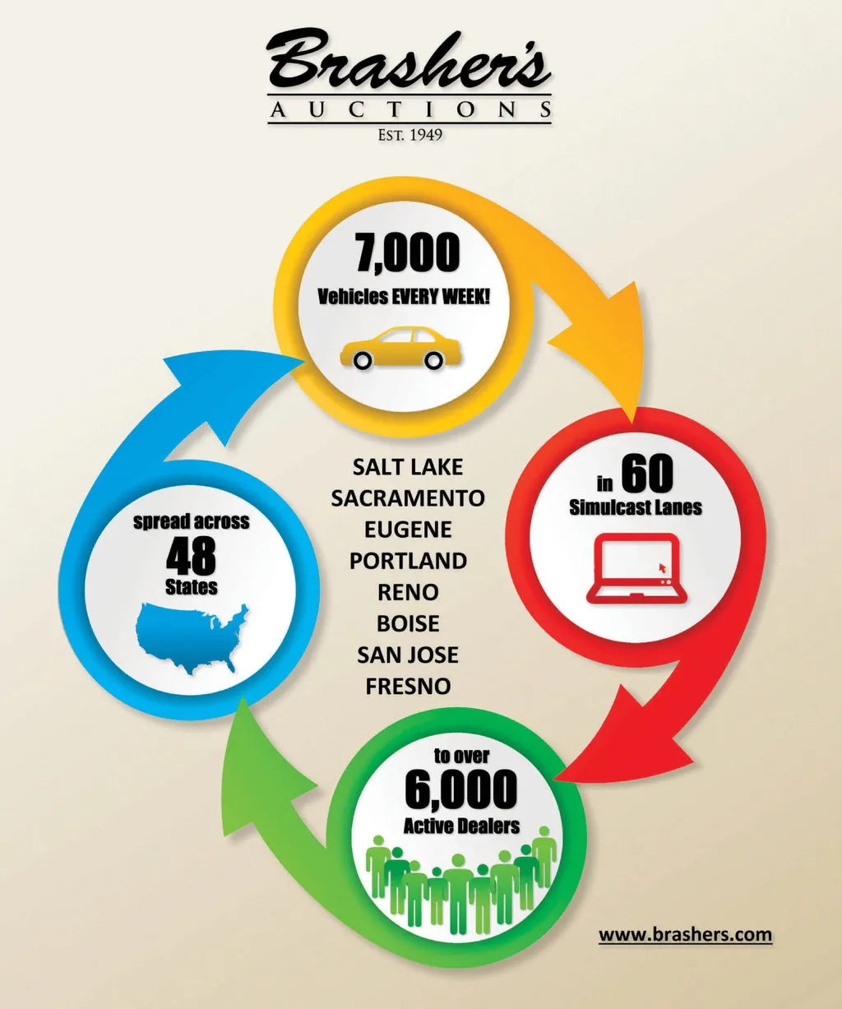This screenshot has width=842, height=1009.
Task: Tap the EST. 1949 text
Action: click(x=409, y=135)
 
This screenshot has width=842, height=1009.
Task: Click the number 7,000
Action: click(x=408, y=252)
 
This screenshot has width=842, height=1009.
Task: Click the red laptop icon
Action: click(x=636, y=568)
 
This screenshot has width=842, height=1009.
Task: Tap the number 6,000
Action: click(x=460, y=789)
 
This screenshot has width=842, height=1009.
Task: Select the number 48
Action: click(x=191, y=557)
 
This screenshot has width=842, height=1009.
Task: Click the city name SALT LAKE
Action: click(x=408, y=467)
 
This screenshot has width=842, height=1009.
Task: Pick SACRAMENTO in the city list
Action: click(x=408, y=498)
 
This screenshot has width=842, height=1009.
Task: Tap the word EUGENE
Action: click(x=408, y=530)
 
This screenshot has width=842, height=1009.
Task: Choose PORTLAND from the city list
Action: click(x=408, y=561)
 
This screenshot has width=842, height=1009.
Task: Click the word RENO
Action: click(x=408, y=592)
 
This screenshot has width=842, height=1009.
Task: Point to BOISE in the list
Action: click(x=408, y=624)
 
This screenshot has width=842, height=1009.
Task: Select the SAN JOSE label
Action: click(x=408, y=655)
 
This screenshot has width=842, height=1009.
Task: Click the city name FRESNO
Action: click(x=408, y=687)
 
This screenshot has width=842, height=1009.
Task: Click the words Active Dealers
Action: click(x=461, y=826)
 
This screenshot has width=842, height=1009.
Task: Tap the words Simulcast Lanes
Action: click(x=636, y=507)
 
